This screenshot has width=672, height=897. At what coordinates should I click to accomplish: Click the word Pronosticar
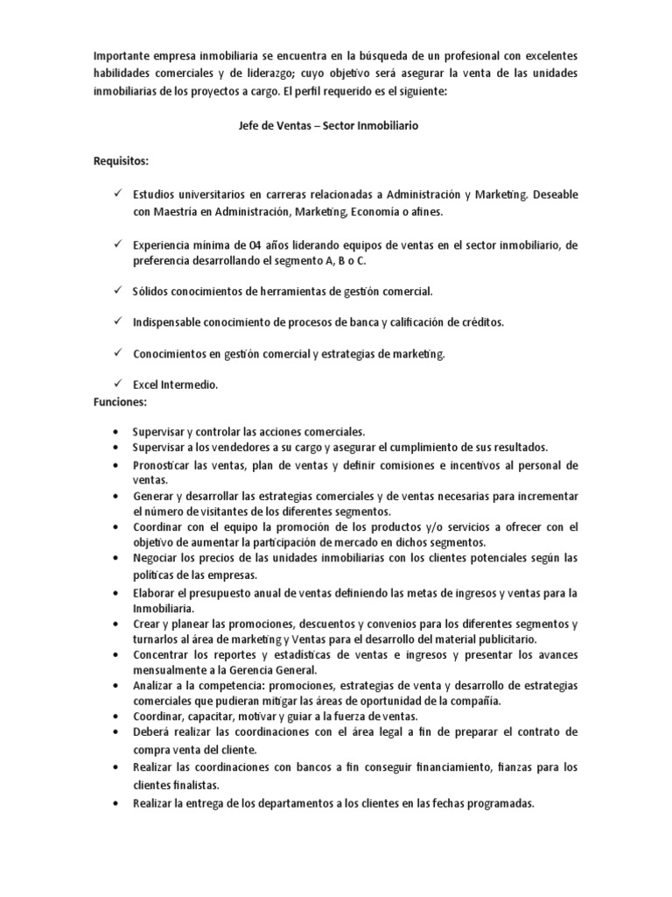pos(164,464)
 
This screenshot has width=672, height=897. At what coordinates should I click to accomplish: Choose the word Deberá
pos(149,731)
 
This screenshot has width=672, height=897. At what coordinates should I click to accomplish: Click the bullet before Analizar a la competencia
pos(115,685)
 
